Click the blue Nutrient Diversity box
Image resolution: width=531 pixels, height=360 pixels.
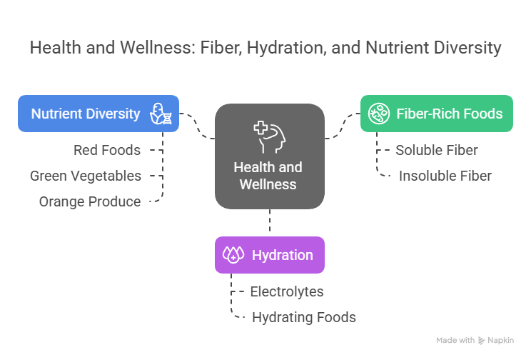pos(98,114)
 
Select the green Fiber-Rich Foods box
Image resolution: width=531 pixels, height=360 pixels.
pos(436,114)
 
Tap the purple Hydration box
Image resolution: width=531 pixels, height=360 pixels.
pos(270,255)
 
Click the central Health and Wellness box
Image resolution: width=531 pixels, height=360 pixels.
pos(270,156)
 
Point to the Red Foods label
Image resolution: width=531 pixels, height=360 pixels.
pos(107,150)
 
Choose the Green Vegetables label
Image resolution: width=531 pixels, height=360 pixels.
pos(86,176)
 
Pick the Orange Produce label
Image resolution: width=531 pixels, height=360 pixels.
pos(90,201)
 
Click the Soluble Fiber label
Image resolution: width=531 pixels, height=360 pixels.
pos(437,150)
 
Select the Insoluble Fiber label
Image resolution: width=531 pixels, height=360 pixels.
pos(445,176)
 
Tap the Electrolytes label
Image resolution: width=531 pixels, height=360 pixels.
pos(287,291)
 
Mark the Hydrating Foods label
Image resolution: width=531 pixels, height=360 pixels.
pos(304,317)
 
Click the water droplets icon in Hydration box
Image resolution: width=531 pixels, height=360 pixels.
pos(233,255)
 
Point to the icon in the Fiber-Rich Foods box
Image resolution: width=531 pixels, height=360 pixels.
pos(378,113)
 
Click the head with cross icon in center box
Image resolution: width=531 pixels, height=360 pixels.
pos(269,136)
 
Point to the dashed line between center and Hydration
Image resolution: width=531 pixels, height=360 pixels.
pos(270,222)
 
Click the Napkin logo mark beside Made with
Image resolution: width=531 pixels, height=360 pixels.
pos(482,341)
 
